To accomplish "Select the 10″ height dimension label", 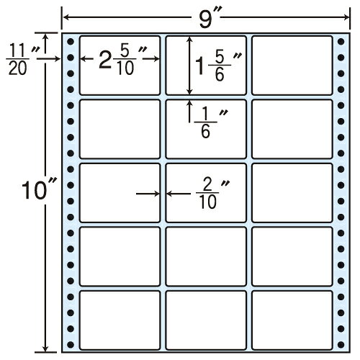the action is [39, 190].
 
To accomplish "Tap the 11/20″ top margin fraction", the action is [22, 59].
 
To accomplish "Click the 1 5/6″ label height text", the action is [218, 66].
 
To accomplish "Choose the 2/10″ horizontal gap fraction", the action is [212, 194].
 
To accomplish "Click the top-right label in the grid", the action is [292, 66].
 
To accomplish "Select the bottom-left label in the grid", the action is [120, 320].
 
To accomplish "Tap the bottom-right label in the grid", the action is [292, 320].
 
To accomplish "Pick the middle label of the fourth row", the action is [206, 256].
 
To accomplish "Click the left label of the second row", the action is [120, 129].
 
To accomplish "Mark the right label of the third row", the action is [292, 193].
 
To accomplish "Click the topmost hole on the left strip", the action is [71, 42].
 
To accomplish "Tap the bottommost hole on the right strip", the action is [341, 345].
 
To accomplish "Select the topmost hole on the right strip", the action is [341, 42].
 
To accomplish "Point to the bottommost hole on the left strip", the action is [71, 345].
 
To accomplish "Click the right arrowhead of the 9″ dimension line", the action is [346, 17].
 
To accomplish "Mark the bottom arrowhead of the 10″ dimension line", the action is [45, 348].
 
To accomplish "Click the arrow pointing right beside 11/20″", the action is [48, 58].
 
